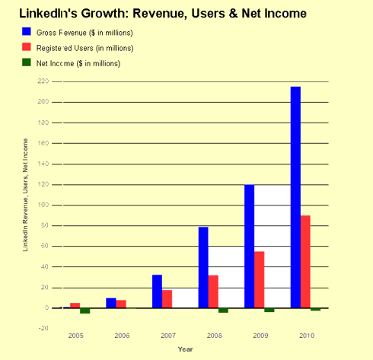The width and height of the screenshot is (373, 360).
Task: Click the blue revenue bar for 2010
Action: (295, 197)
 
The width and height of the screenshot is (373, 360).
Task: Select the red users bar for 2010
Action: (305, 262)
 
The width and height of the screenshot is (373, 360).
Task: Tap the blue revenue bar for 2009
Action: (249, 246)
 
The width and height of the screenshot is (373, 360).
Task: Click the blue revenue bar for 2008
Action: (203, 267)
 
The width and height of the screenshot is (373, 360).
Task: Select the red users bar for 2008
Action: (213, 292)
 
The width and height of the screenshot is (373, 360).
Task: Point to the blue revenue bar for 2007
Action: (157, 292)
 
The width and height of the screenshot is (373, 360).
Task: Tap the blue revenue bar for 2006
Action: (110, 303)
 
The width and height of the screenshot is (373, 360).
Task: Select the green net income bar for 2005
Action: (85, 311)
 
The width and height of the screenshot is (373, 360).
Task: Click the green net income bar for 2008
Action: (223, 311)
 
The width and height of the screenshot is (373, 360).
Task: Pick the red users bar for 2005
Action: (75, 305)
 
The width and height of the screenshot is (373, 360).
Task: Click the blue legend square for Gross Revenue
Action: (27, 32)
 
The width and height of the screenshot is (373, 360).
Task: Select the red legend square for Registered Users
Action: (27, 47)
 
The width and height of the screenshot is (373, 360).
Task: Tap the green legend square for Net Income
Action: (27, 62)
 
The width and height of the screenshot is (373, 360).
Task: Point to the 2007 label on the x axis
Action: (167, 335)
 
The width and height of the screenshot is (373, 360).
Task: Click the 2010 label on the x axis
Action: (305, 335)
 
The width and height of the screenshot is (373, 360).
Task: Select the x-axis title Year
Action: (185, 349)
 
